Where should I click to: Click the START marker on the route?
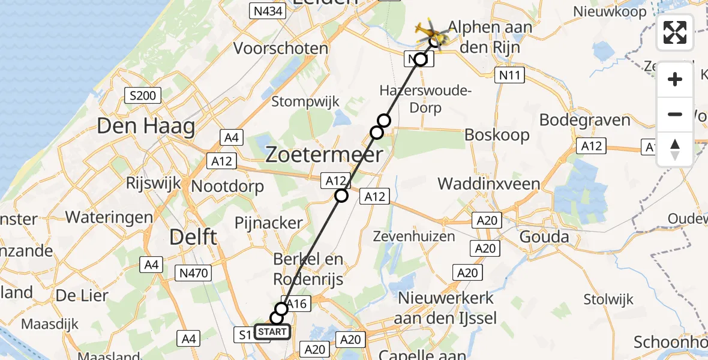(x=272, y=332)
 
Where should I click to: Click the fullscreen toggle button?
(x=675, y=32)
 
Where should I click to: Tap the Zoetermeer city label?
(x=324, y=155)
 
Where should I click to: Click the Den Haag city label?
(x=146, y=127)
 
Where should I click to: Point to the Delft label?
(x=193, y=236)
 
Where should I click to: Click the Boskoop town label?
(x=497, y=134)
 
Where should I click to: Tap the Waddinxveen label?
(x=489, y=184)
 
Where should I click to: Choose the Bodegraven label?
(x=585, y=120)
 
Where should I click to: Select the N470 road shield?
(x=193, y=274)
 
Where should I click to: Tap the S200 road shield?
(x=142, y=95)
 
